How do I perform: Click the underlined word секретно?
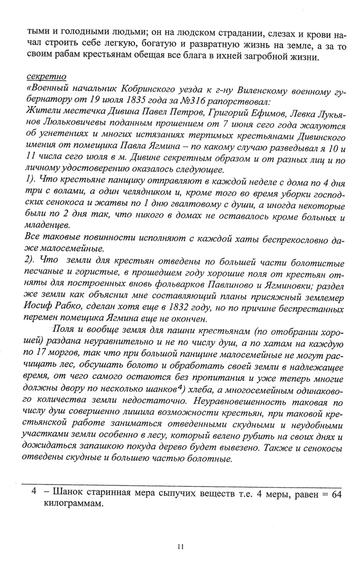tap(46, 77)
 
